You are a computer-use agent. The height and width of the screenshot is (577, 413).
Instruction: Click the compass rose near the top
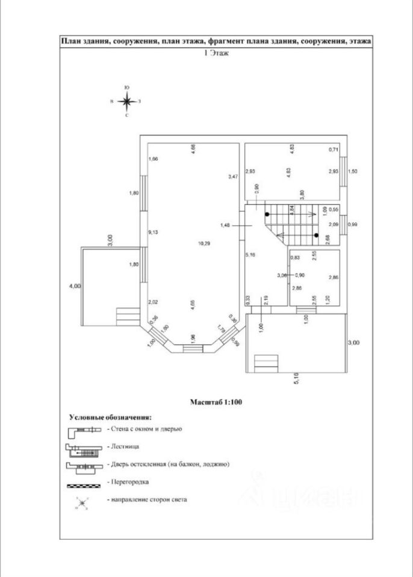127,102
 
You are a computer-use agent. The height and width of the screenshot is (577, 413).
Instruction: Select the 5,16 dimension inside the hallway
250,255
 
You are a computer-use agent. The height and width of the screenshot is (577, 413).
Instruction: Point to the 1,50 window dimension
353,172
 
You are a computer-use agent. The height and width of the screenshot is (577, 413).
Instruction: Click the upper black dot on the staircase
267,213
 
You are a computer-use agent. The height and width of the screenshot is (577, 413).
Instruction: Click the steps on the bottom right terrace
266,364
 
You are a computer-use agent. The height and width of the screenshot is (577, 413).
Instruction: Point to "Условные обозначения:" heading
110,416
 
